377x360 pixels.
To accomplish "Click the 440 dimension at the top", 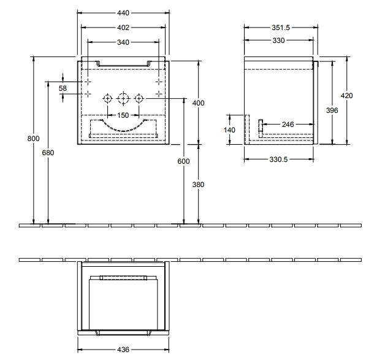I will [123, 12].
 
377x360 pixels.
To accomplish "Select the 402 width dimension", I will [123, 27].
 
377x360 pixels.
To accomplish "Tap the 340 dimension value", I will [123, 42].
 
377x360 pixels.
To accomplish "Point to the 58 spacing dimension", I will [63, 88].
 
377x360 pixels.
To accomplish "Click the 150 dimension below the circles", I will [123, 115].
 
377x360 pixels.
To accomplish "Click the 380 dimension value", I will [198, 184].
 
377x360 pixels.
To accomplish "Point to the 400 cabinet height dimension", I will [198, 103].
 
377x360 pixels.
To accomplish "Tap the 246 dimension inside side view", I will [287, 124].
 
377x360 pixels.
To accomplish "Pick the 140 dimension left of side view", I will [230, 129].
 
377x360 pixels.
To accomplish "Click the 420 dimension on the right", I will [347, 95].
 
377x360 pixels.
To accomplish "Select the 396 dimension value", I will [332, 110].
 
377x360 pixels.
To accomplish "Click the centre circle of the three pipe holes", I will [123, 98].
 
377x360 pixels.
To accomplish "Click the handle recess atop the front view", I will [123, 63].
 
